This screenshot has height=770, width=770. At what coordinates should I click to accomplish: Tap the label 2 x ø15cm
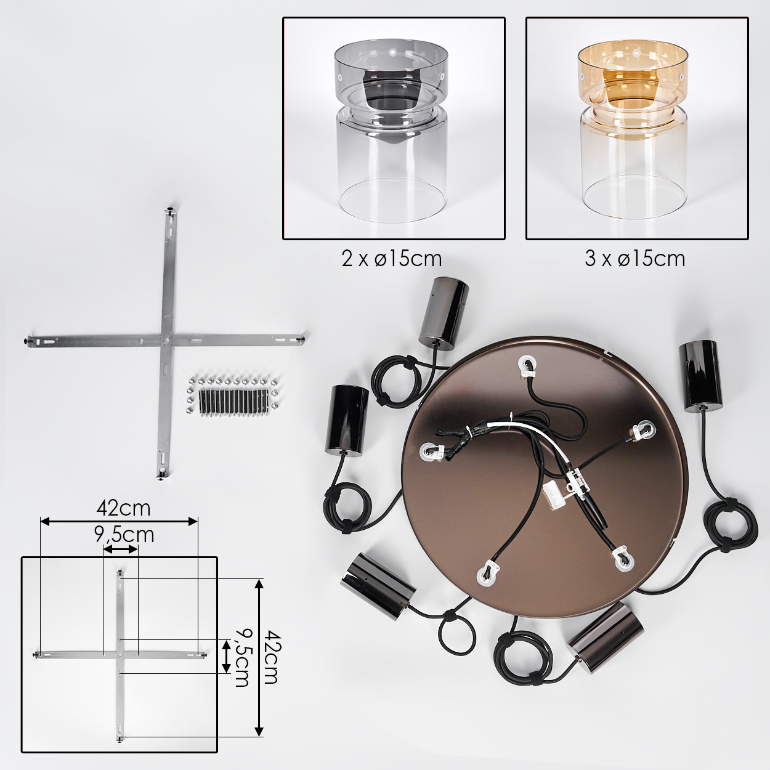(392, 259)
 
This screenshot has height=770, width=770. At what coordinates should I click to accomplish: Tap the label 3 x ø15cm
(635, 259)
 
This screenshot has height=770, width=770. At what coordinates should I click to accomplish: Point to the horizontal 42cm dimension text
(123, 509)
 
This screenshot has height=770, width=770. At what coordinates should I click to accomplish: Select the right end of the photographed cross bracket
(304, 339)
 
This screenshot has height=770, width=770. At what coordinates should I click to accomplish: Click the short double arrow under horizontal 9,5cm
(120, 550)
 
